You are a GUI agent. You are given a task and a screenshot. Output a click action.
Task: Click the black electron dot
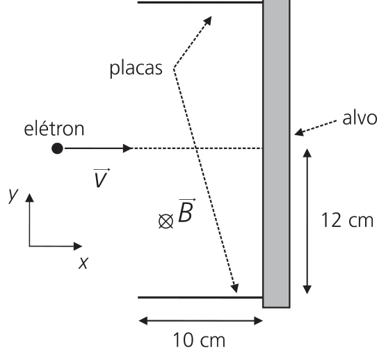coord(57,148)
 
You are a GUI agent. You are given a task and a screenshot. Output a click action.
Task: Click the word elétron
coord(54,129)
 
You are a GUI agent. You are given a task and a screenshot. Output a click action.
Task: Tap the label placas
coord(136,68)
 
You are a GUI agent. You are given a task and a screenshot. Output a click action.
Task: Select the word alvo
coord(360,118)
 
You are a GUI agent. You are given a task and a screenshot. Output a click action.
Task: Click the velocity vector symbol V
coord(101,178)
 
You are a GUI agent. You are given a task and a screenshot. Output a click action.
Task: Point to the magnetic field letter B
coord(186,210)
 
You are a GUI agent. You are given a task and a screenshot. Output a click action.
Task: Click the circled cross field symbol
coord(166,221)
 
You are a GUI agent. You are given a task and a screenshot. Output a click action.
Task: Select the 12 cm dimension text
coord(347,220)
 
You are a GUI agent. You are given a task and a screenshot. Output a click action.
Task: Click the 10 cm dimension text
coord(199,340)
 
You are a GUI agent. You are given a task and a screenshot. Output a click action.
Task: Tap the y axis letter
coord(13,196)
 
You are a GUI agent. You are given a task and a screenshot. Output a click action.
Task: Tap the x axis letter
coord(83,263)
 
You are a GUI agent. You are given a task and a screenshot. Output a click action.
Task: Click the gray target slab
coord(276,154)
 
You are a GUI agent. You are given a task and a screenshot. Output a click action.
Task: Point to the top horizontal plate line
coord(200,3)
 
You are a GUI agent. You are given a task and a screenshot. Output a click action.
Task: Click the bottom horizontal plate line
coord(200,297)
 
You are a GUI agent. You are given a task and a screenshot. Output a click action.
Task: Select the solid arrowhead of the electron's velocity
coord(127,148)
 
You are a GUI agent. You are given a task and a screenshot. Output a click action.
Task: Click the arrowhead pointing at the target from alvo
coord(299,133)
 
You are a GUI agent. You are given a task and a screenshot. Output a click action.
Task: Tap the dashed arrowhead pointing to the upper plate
coord(207,20)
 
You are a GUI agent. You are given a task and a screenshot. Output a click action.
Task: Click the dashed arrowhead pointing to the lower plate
coord(235,288)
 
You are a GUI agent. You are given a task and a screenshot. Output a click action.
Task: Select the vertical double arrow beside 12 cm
coord(307,221)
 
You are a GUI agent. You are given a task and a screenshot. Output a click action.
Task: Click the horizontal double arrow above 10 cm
coord(200,321)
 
